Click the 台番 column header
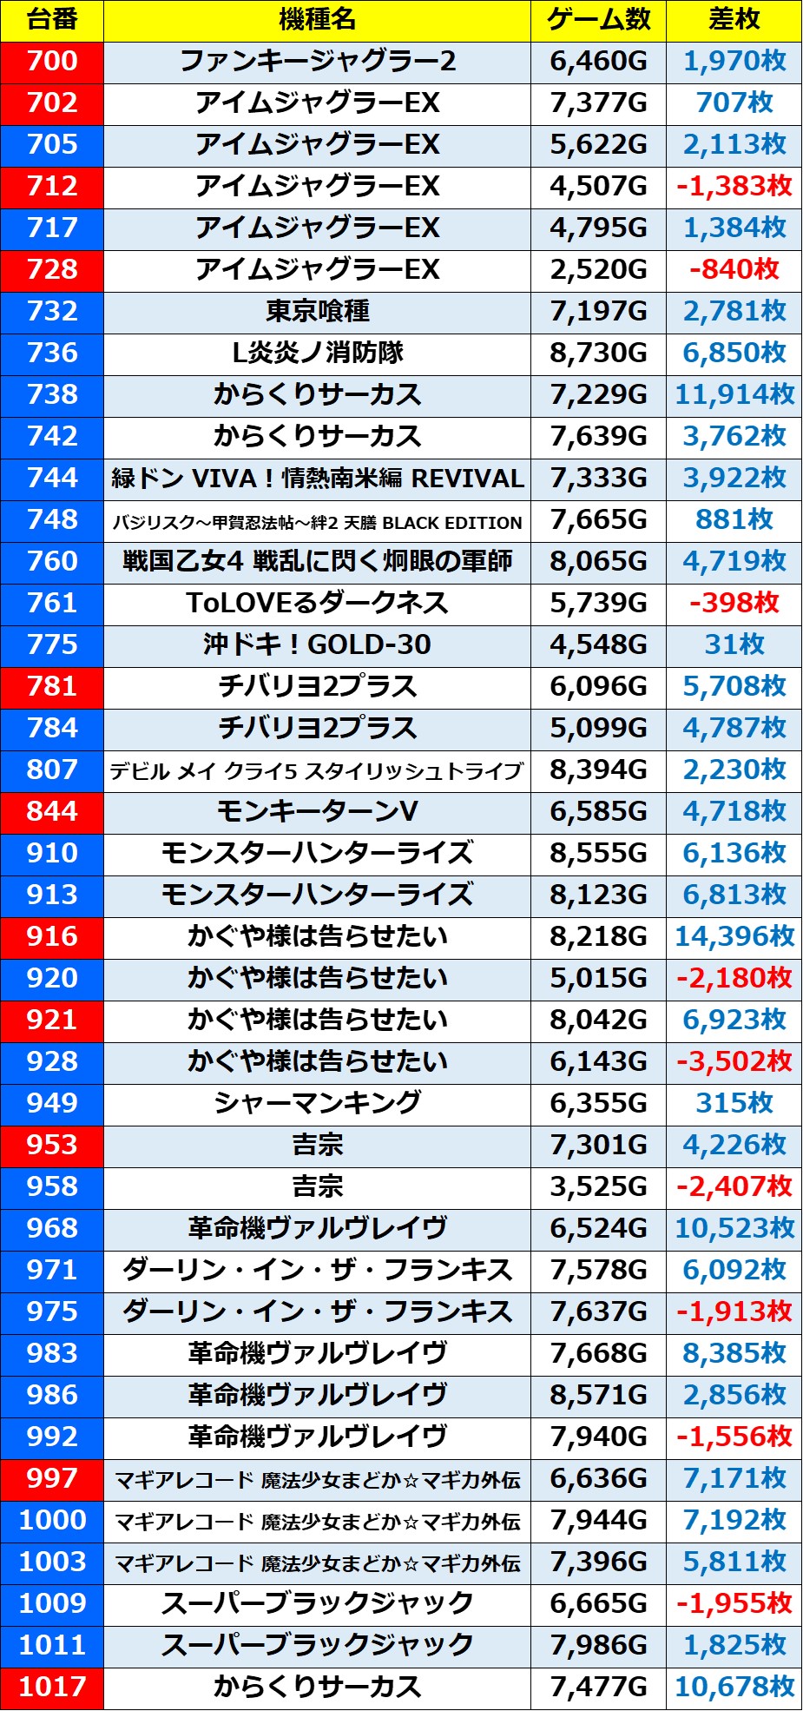point(52,20)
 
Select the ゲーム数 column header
point(598,20)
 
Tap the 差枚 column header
point(734,20)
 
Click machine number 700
point(52,62)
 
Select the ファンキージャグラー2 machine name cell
point(317,62)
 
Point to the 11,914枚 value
point(734,395)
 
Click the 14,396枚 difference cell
point(734,937)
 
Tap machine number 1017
point(52,1688)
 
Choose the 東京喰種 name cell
point(317,312)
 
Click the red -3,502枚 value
point(734,1062)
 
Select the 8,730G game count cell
point(598,353)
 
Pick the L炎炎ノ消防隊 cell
point(317,353)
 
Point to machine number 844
point(52,812)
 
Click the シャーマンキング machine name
point(317,1104)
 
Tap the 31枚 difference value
point(734,645)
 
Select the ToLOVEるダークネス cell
point(317,604)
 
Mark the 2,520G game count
point(598,270)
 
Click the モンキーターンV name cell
point(317,812)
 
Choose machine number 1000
point(52,1521)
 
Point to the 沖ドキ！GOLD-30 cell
point(317,645)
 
